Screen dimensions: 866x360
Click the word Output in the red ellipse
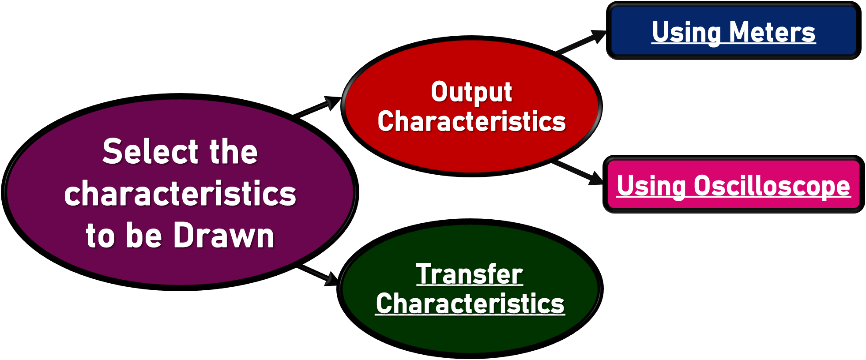471,93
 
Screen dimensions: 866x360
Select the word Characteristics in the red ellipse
471,121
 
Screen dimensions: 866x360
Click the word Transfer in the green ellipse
470,274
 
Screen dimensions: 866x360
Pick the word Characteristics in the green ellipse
470,304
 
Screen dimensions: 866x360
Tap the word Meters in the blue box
772,32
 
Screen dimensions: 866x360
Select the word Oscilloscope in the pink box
772,186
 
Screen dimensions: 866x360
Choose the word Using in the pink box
651,187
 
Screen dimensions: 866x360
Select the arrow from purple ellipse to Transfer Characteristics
318,275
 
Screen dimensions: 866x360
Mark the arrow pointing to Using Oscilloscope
577,172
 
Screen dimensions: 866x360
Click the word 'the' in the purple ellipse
233,151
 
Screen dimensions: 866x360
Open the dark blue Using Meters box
734,30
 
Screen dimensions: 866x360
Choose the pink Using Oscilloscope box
734,184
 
